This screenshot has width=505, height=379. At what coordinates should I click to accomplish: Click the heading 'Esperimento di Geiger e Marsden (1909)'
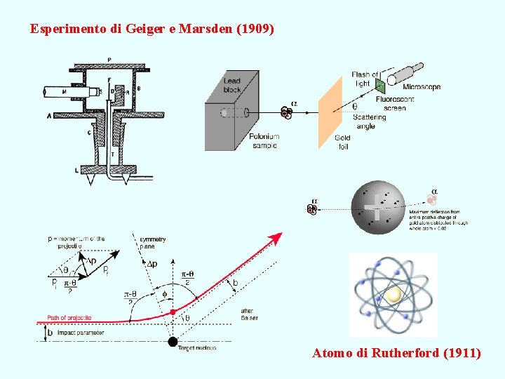tap(153, 29)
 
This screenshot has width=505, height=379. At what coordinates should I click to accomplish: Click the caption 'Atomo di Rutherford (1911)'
tap(396, 353)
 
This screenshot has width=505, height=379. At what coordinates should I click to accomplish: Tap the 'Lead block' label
tap(232, 85)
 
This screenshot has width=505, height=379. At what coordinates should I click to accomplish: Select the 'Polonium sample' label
tap(264, 140)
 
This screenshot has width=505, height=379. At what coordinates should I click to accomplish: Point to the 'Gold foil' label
tap(342, 142)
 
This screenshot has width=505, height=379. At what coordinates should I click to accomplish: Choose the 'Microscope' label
tap(422, 87)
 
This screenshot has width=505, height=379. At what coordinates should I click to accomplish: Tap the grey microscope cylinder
tap(406, 73)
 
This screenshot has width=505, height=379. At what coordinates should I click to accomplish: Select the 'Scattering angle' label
tap(369, 121)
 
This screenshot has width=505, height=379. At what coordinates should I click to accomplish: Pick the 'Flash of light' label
tap(365, 79)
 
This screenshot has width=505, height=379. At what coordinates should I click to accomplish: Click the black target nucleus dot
tap(173, 342)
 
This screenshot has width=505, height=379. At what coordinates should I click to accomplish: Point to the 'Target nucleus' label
tap(197, 348)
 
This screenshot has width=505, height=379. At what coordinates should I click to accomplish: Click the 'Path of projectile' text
tap(69, 318)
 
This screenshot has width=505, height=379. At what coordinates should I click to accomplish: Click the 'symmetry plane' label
tap(152, 243)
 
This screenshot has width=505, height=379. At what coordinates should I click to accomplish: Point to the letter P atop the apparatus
tap(109, 59)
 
